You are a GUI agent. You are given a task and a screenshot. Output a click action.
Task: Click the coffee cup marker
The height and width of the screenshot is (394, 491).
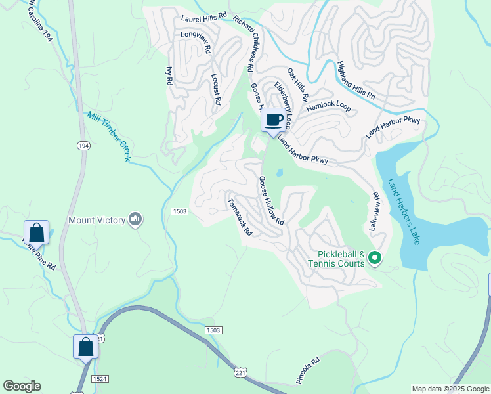[x=274, y=120]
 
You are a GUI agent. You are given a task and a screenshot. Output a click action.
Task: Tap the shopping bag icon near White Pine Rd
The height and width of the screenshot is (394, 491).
[x=36, y=232]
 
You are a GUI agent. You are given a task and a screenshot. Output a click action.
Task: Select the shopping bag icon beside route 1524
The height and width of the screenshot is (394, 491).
[x=86, y=347]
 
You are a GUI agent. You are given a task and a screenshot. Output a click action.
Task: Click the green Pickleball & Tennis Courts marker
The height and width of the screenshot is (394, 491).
[x=375, y=258]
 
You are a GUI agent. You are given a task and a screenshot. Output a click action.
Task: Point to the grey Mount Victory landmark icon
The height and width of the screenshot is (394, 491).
[x=135, y=219]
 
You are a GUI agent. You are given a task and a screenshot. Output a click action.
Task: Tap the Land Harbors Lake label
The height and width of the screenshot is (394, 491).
[x=404, y=211]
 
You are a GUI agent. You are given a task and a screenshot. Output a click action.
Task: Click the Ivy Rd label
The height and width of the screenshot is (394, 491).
[x=169, y=76]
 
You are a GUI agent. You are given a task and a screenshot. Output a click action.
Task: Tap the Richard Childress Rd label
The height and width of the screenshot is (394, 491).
[x=243, y=45]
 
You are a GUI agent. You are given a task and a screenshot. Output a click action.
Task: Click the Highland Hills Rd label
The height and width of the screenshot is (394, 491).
[x=356, y=81]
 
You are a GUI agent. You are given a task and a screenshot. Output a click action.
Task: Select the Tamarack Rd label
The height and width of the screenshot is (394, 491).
[x=240, y=216]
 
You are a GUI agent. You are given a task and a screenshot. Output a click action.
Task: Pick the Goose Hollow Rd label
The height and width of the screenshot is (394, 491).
[x=270, y=200]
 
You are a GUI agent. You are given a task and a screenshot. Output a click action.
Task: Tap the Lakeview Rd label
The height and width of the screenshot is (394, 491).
[x=374, y=210]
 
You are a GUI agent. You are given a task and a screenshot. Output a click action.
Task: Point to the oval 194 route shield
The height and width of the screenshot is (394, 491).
[x=83, y=145]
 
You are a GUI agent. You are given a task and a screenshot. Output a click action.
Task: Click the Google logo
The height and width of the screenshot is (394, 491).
[x=22, y=386]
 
